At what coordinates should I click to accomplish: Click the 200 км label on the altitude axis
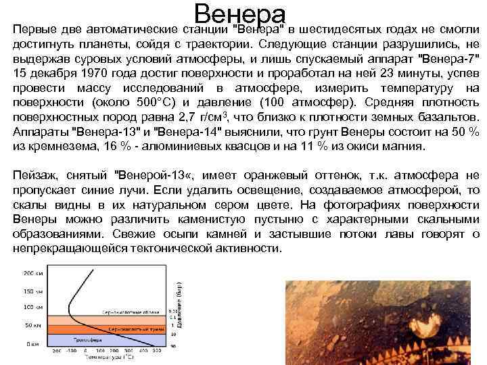click(32, 273)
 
